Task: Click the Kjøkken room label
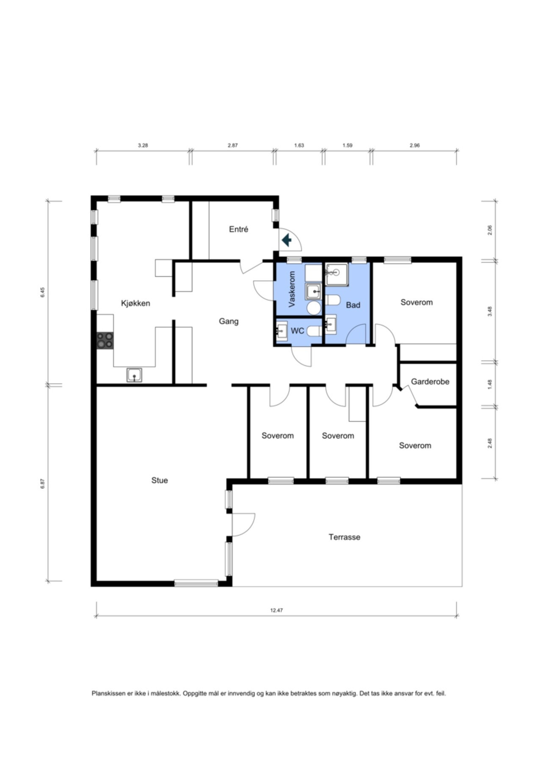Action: pyautogui.click(x=135, y=303)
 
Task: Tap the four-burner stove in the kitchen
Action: pyautogui.click(x=105, y=340)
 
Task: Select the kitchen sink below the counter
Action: pyautogui.click(x=134, y=375)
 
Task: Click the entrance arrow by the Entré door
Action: pyautogui.click(x=287, y=240)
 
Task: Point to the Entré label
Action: pyautogui.click(x=238, y=229)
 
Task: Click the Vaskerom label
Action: pyautogui.click(x=292, y=289)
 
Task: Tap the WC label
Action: pyautogui.click(x=297, y=331)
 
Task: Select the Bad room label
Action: pyautogui.click(x=353, y=305)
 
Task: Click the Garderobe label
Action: pyautogui.click(x=430, y=382)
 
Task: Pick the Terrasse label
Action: pyautogui.click(x=344, y=537)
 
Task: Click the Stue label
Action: pyautogui.click(x=160, y=480)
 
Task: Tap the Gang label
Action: pyautogui.click(x=229, y=321)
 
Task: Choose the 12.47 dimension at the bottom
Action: pyautogui.click(x=276, y=610)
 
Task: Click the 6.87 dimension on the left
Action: pyautogui.click(x=42, y=483)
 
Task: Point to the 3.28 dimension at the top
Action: pyautogui.click(x=143, y=145)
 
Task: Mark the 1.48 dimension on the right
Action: pyautogui.click(x=490, y=384)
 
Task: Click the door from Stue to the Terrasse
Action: pyautogui.click(x=243, y=525)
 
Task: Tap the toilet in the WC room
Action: pyautogui.click(x=312, y=331)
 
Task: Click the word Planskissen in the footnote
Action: pyautogui.click(x=109, y=694)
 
